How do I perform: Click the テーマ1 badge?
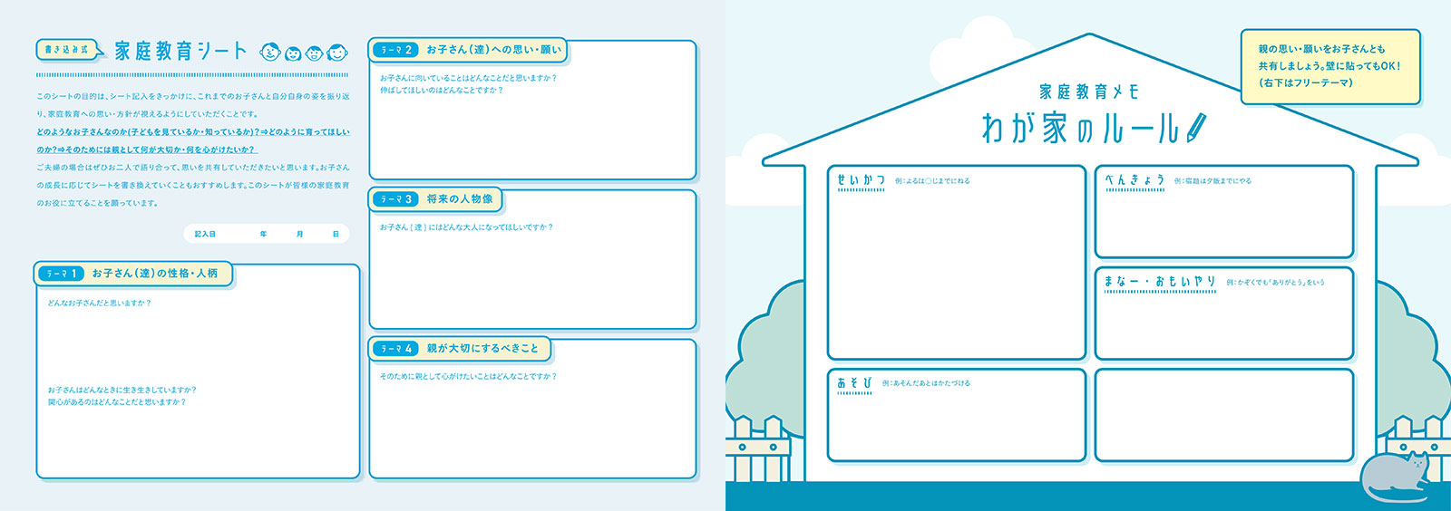pos(62,274)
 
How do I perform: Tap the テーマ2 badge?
pos(395,50)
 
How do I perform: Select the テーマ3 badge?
pos(395,199)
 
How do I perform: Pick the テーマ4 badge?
pos(395,349)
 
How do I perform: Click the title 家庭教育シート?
pos(180,51)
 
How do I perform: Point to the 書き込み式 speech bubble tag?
pos(67,50)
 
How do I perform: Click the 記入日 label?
pos(205,235)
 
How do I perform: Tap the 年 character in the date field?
pos(264,235)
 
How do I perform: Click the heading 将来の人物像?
pos(460,199)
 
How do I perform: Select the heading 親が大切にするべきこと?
pos(482,349)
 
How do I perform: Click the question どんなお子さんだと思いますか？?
pos(100,304)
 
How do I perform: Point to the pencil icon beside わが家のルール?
pos(1196,127)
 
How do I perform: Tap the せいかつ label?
pos(861,181)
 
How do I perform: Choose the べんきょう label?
pos(1135,180)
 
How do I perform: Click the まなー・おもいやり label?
pos(1160,282)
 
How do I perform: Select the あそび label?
pos(854,383)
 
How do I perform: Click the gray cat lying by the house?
pos(1396,476)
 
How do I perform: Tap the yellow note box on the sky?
pos(1329,66)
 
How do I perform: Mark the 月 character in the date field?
pos(300,235)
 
